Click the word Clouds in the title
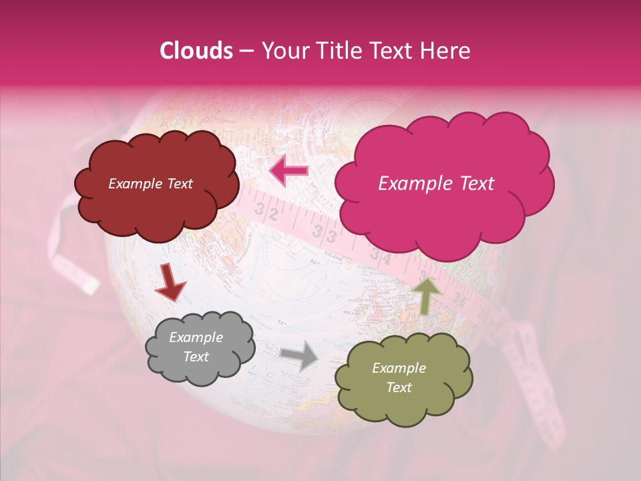click(x=196, y=51)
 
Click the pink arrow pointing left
click(x=289, y=171)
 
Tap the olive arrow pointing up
click(x=427, y=295)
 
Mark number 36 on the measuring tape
click(x=459, y=300)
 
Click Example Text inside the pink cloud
click(x=436, y=184)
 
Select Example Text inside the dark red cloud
click(x=150, y=184)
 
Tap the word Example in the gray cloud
click(x=196, y=337)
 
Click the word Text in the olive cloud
click(x=399, y=387)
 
